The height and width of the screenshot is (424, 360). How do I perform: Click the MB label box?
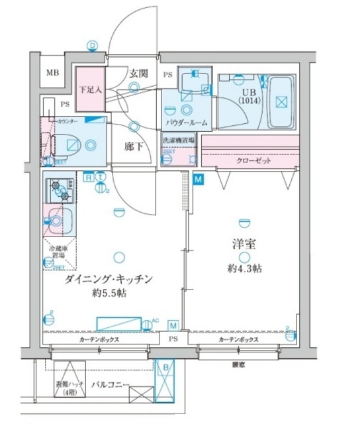(x=51, y=74)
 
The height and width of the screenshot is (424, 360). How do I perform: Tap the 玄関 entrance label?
(x=138, y=72)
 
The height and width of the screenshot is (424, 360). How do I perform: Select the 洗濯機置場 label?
(x=179, y=140)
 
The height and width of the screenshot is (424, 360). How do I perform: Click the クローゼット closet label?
(x=253, y=161)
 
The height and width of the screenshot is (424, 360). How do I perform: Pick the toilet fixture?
(x=66, y=142)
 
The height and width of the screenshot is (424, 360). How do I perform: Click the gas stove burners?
(x=60, y=190)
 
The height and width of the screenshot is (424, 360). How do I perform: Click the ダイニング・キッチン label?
(x=109, y=279)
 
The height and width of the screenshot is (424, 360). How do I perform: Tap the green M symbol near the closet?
(x=199, y=178)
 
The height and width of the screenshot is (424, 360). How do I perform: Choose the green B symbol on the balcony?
(x=167, y=367)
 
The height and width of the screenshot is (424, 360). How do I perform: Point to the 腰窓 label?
(x=237, y=364)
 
